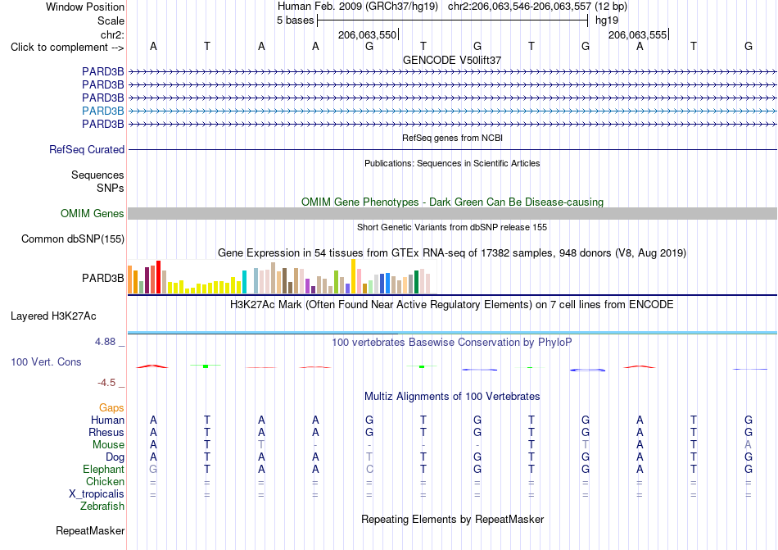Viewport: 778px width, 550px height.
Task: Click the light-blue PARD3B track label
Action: click(102, 111)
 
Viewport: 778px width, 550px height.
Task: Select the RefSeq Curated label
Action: click(87, 149)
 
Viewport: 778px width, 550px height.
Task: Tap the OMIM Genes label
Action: click(93, 213)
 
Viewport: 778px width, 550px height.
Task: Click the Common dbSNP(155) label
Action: click(73, 239)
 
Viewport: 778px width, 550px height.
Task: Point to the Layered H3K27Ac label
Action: click(53, 316)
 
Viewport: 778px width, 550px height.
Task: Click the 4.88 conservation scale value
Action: click(105, 342)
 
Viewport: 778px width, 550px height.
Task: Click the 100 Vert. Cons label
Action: click(46, 361)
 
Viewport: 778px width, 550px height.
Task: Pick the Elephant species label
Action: click(104, 469)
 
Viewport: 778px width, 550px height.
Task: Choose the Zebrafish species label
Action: click(102, 507)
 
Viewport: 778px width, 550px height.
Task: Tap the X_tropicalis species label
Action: click(97, 494)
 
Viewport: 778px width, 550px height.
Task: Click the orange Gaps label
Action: click(111, 407)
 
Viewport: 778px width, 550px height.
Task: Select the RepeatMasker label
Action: click(90, 530)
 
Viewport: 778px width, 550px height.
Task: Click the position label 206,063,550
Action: click(367, 34)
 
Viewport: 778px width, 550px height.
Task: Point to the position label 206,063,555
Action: click(638, 34)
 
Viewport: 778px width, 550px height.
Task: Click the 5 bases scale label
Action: click(295, 20)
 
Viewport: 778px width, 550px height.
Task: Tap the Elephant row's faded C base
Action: click(369, 469)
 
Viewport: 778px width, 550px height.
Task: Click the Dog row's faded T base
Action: click(369, 457)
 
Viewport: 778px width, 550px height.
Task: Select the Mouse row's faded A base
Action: click(749, 444)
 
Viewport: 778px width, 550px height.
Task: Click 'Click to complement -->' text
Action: click(67, 48)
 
